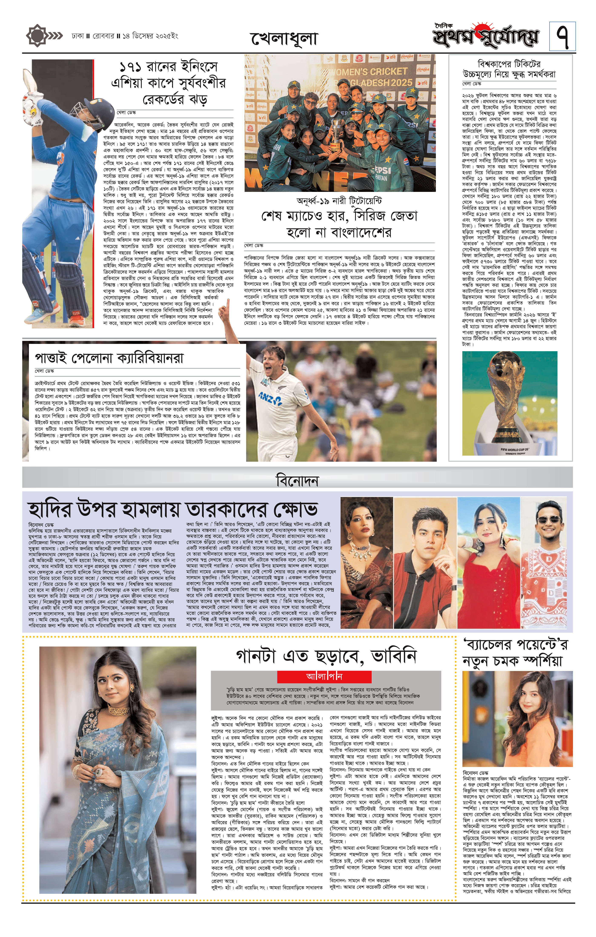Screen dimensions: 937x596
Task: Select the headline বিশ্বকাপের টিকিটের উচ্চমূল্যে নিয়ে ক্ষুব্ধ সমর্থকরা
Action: tap(509, 69)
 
